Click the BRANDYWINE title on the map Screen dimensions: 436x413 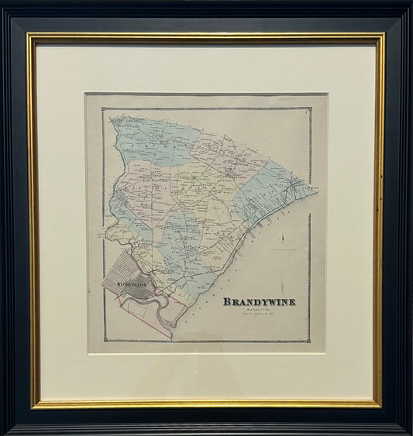(260, 301)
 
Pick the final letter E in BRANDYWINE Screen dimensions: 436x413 (292, 301)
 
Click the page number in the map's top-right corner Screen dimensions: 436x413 (307, 113)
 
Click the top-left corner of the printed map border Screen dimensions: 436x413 (103, 108)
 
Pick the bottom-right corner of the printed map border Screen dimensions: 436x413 (311, 341)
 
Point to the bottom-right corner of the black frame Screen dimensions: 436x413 (411, 434)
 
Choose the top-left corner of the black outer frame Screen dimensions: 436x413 (2, 2)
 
